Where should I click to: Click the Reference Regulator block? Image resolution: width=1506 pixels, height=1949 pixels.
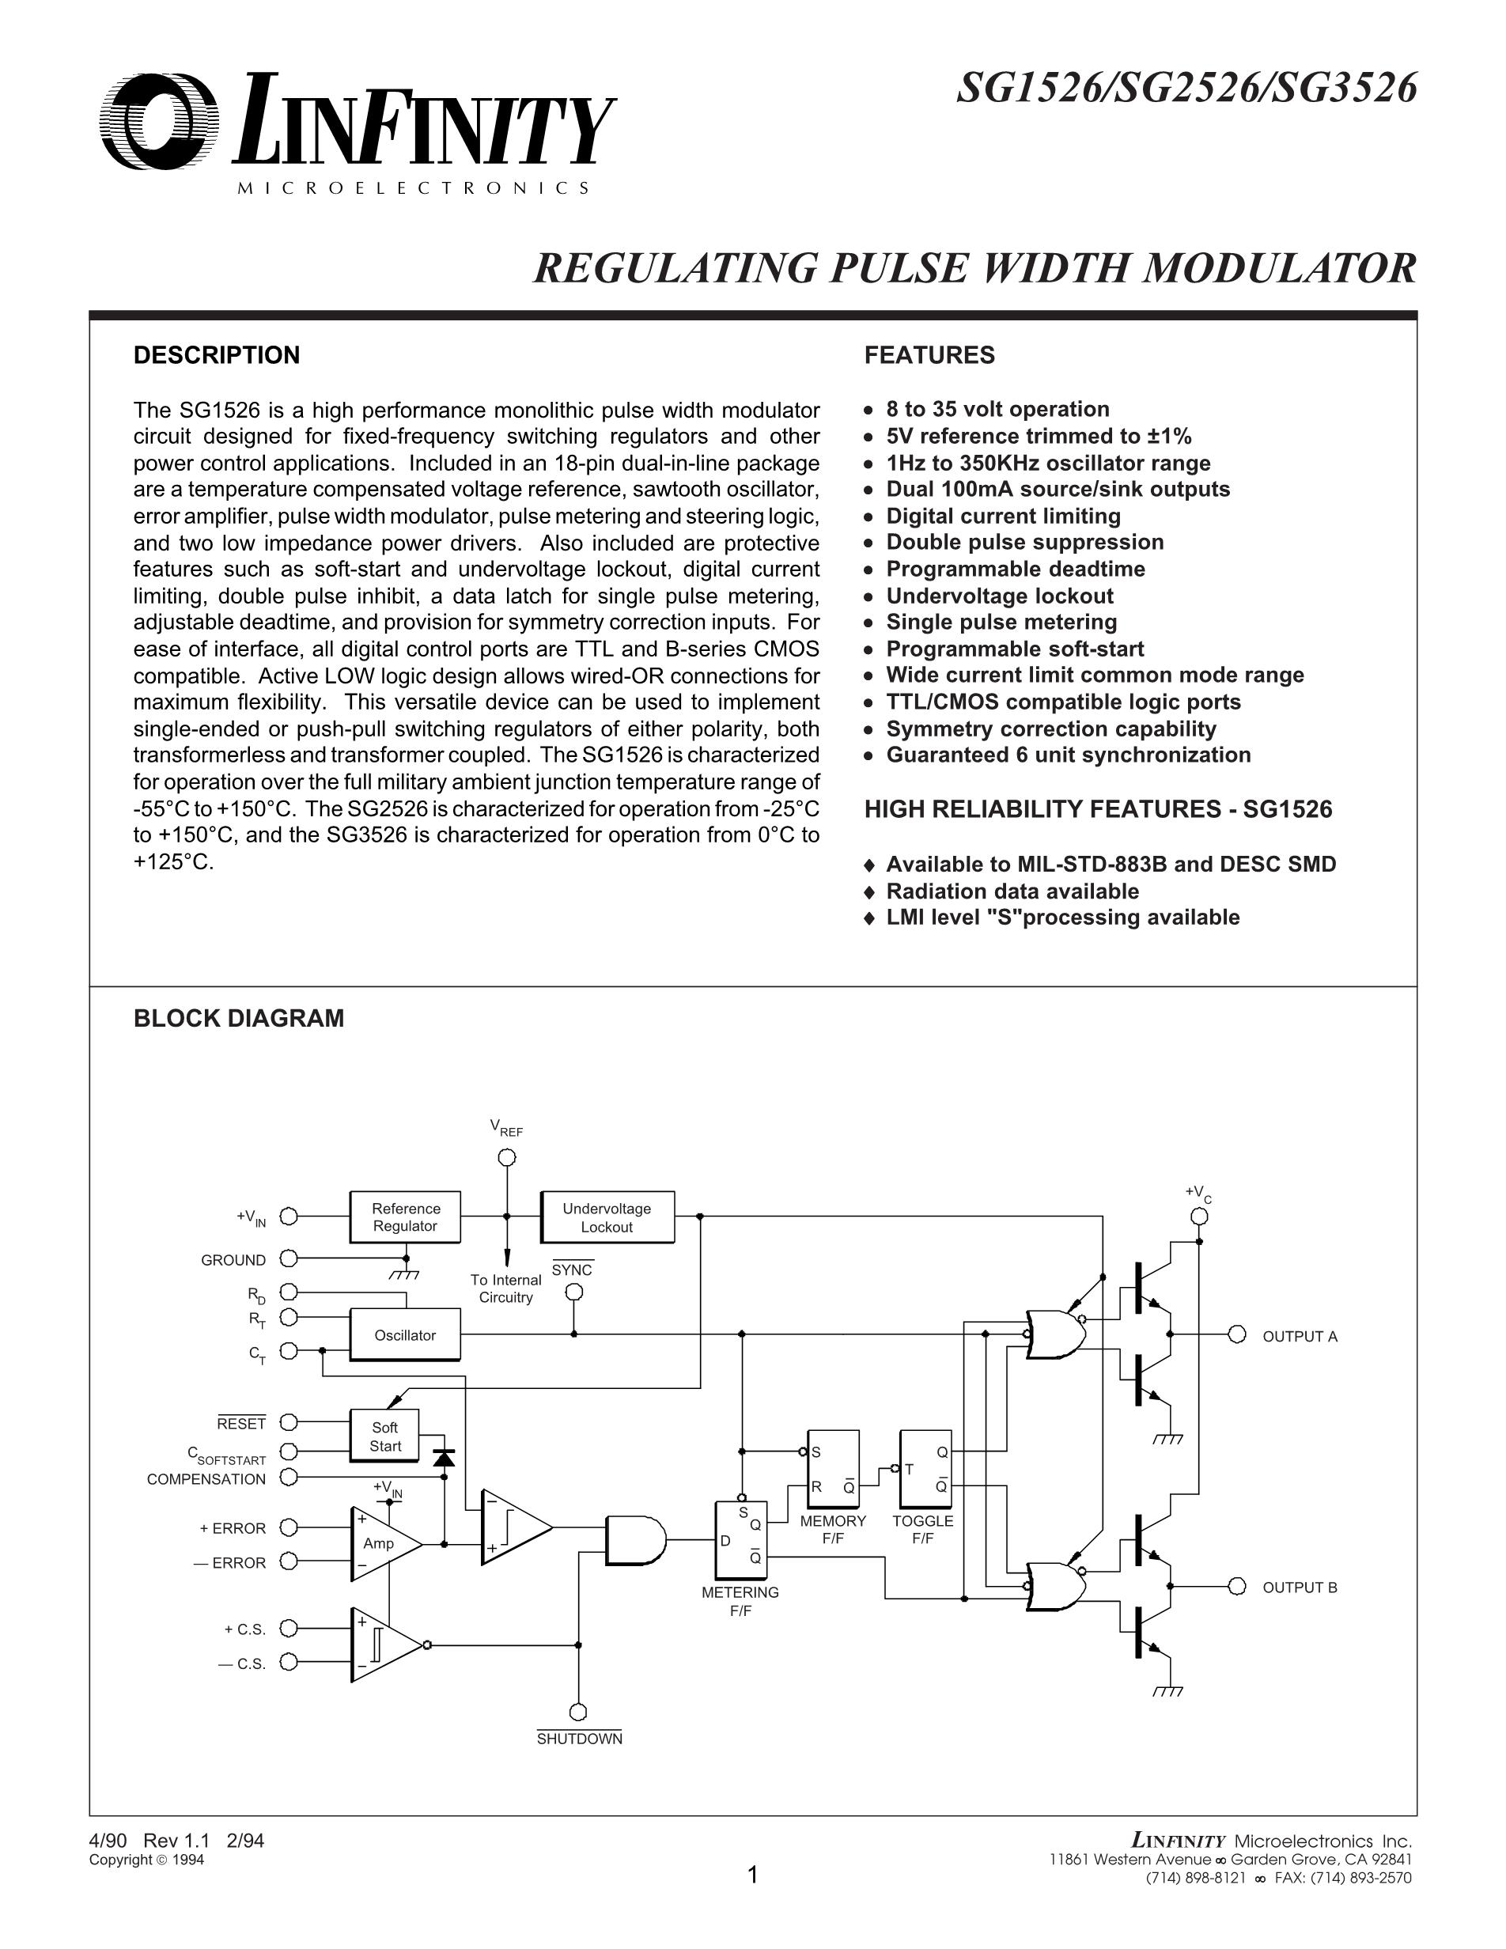405,1217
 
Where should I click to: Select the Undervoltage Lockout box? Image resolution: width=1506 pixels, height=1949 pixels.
607,1217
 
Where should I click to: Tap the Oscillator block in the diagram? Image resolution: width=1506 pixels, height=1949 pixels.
405,1334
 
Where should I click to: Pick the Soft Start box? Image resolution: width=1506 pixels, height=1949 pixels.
384,1436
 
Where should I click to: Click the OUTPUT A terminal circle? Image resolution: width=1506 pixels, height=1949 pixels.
1236,1334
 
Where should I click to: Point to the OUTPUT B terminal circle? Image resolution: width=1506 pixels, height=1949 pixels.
1236,1586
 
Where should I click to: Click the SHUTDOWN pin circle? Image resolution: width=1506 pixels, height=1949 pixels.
578,1712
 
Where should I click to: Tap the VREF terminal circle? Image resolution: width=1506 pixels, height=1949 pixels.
507,1157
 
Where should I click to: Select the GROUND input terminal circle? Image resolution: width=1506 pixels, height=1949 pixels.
288,1258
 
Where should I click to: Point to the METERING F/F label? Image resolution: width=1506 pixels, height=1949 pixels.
740,1600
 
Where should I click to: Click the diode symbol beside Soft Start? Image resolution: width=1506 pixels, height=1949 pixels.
444,1458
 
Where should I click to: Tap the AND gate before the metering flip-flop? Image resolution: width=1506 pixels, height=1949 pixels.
634,1539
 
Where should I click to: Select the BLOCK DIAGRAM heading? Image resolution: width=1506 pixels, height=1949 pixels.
238,1018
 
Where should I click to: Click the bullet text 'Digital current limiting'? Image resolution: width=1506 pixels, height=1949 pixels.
1003,516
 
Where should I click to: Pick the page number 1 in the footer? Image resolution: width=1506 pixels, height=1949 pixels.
752,1875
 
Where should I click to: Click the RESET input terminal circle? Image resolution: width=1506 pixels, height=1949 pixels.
288,1421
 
